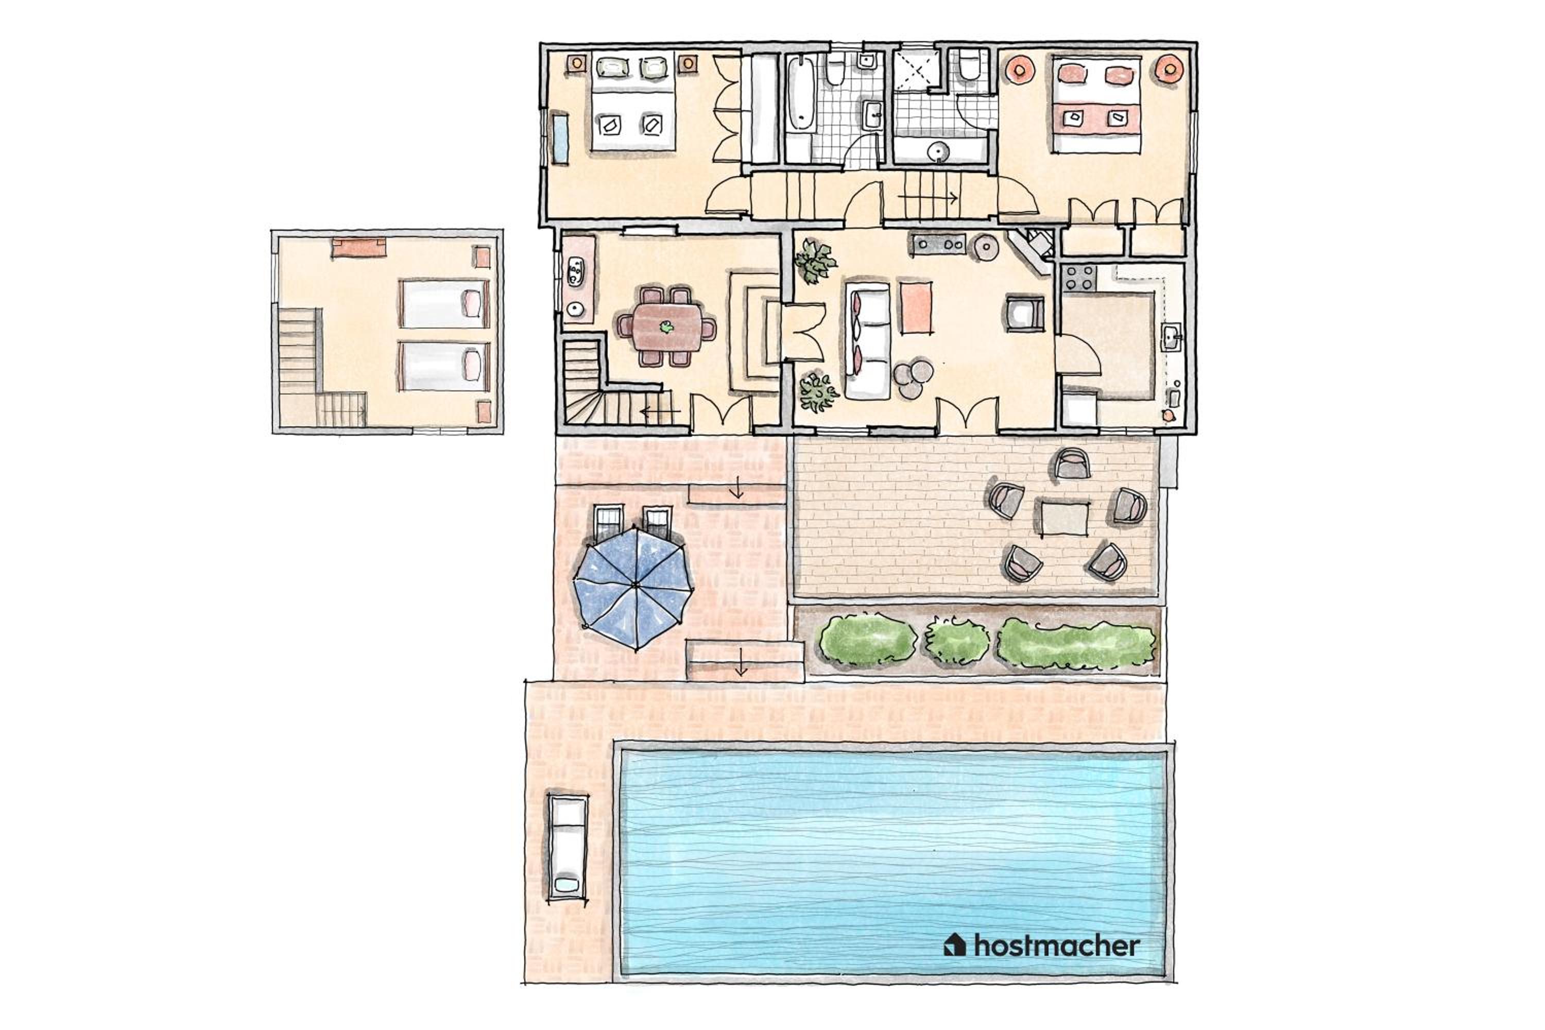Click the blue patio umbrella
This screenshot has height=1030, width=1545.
pyautogui.click(x=634, y=587)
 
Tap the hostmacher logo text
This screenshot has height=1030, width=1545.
pyautogui.click(x=1056, y=946)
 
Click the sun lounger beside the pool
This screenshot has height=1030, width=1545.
pyautogui.click(x=568, y=847)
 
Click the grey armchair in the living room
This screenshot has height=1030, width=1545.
pyautogui.click(x=1025, y=313)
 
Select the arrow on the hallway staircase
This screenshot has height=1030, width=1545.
pyautogui.click(x=927, y=196)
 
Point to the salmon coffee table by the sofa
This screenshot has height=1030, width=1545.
pyautogui.click(x=916, y=307)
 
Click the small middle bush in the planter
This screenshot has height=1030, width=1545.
pyautogui.click(x=956, y=640)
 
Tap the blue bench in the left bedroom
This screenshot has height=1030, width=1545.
pyautogui.click(x=560, y=139)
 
